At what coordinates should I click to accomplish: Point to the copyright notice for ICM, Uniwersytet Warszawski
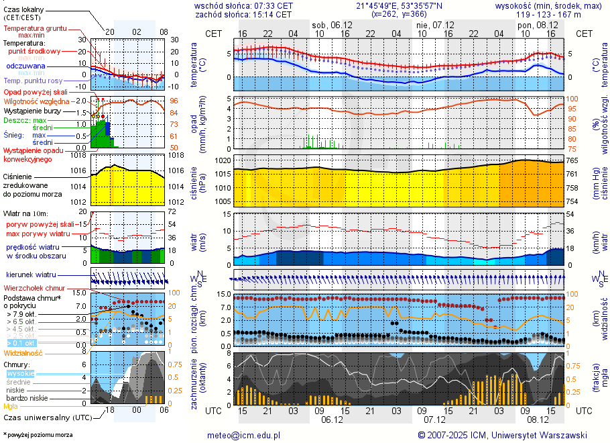[502, 435]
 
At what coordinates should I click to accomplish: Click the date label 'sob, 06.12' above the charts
[328, 24]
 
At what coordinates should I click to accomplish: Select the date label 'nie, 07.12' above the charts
[433, 24]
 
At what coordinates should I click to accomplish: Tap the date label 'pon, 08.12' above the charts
[534, 24]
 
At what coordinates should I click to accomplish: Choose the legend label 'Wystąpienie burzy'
[34, 110]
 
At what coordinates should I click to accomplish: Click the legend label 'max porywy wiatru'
[38, 234]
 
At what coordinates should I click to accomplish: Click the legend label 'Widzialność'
[23, 352]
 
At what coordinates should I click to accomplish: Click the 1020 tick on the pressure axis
[223, 161]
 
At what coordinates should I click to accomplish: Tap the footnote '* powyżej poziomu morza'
[38, 435]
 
